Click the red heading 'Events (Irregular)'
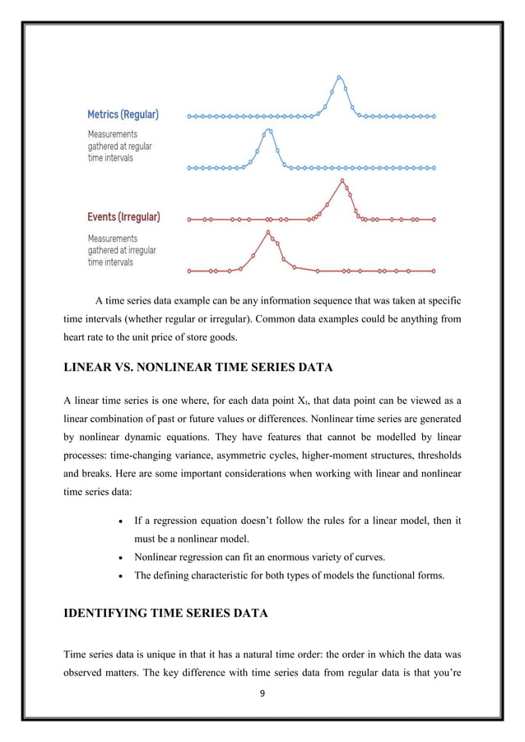123,217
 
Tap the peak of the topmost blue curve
339,77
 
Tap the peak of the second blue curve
268,129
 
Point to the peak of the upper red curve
342,181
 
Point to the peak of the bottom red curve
267,232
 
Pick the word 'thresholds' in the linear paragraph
435,456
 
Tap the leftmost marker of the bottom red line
189,271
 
